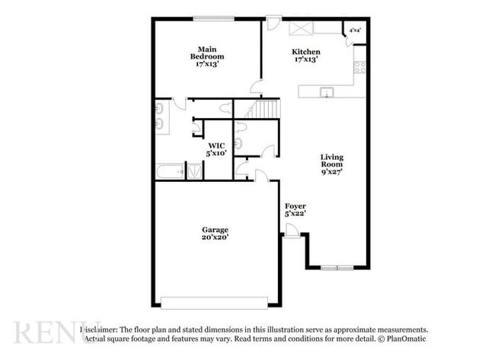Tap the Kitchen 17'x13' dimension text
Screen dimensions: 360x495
click(x=305, y=59)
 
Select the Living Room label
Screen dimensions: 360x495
click(x=331, y=161)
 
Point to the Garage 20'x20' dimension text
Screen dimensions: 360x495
click(x=216, y=237)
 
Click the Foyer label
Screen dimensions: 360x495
click(x=295, y=206)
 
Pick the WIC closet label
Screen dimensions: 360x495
click(x=216, y=145)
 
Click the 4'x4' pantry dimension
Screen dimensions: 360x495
click(x=355, y=30)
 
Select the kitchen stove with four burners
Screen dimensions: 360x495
click(x=359, y=67)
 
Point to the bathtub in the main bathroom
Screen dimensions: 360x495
click(x=170, y=171)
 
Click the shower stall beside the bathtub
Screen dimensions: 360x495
click(x=195, y=171)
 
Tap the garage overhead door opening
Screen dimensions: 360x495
click(x=214, y=304)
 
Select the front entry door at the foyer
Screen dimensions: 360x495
click(x=291, y=232)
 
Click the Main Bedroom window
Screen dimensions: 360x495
click(x=212, y=18)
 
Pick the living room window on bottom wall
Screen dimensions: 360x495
click(x=337, y=267)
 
